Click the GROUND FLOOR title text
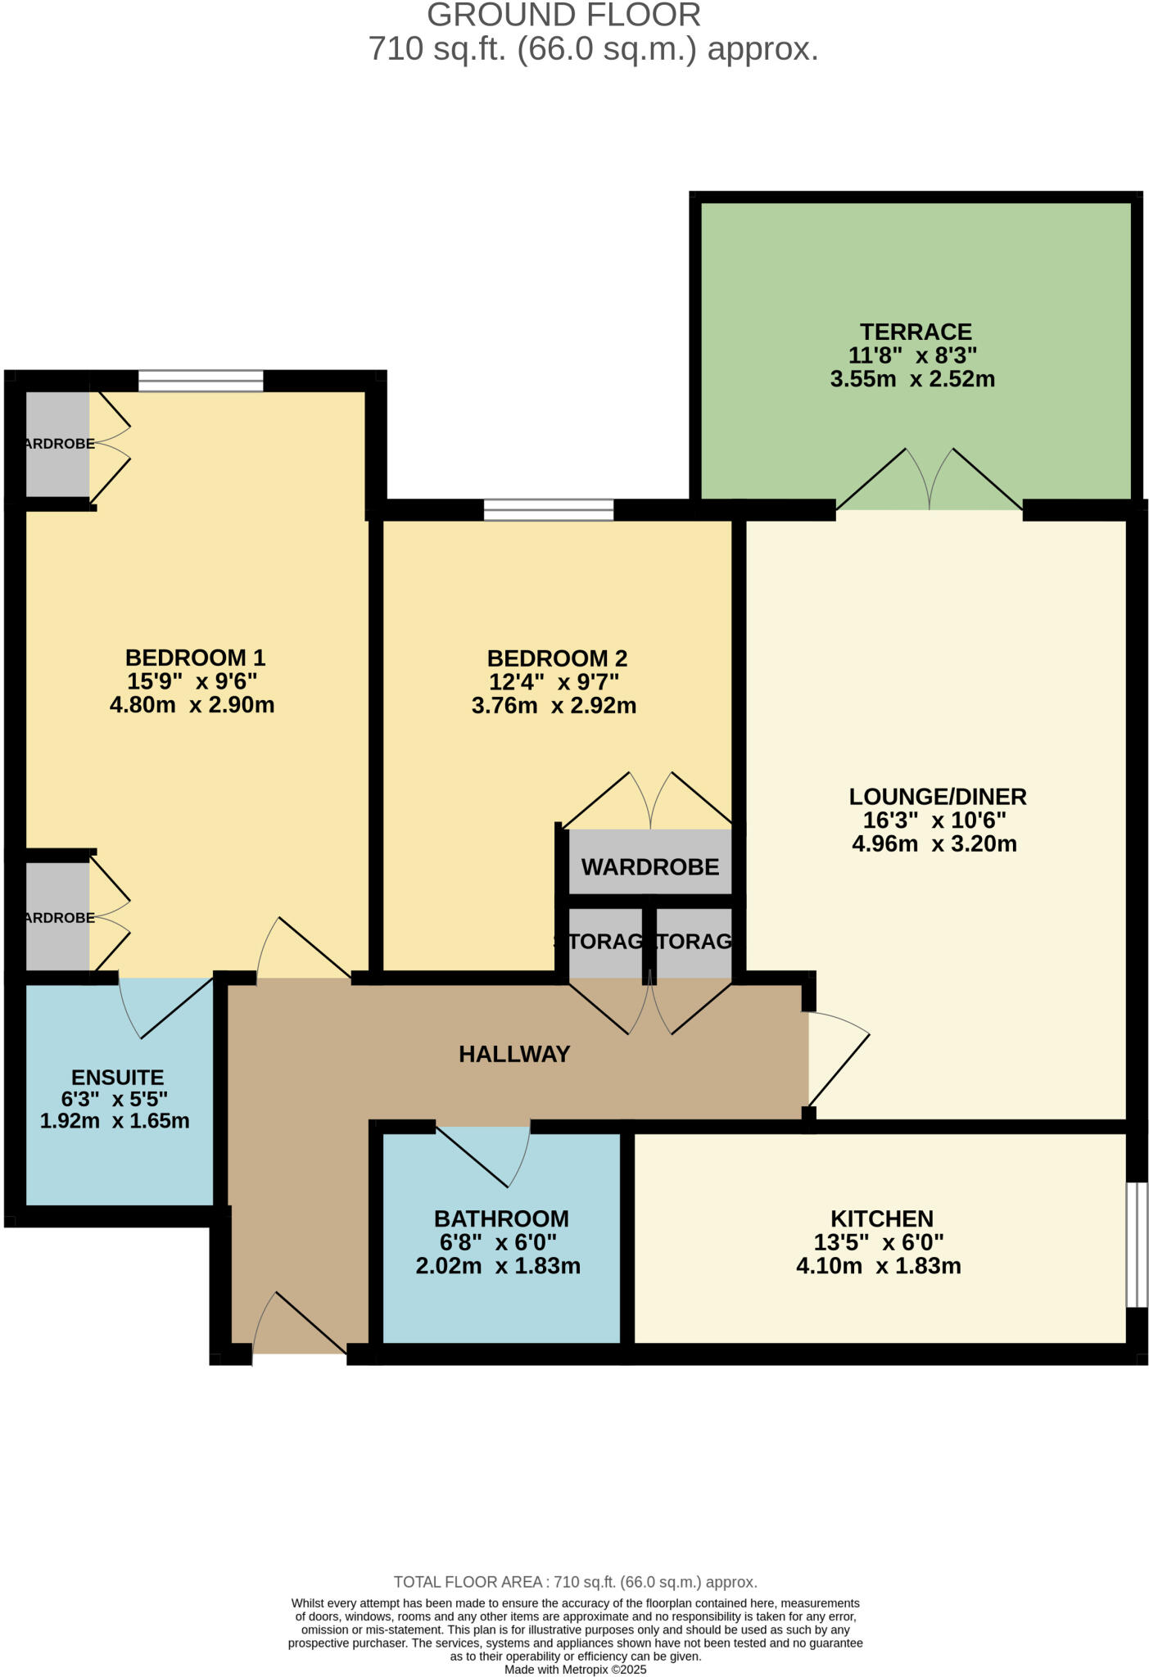(563, 16)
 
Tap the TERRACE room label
(916, 332)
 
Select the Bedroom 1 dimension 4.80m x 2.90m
(192, 705)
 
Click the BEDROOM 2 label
(557, 658)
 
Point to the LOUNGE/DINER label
(938, 796)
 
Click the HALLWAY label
(514, 1054)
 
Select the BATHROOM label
(501, 1218)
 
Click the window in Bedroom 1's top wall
(201, 381)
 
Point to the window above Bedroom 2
(549, 509)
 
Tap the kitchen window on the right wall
(1136, 1244)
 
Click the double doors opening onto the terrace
(930, 483)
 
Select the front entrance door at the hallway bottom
(299, 1325)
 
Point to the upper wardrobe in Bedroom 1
(57, 444)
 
